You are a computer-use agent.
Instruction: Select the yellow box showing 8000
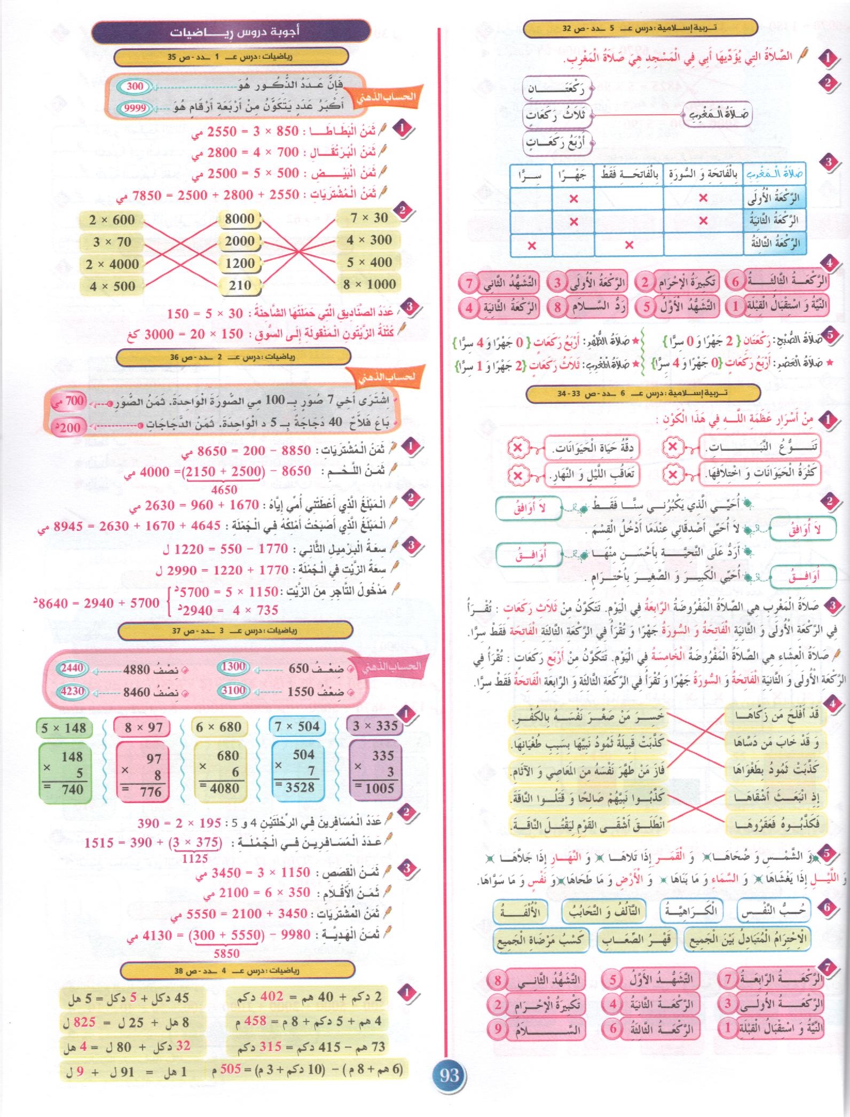coord(240,218)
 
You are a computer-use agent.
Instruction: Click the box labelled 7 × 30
coord(369,218)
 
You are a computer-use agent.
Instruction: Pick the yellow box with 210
coord(240,286)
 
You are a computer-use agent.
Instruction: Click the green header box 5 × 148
coord(64,728)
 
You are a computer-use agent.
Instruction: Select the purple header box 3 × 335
coord(375,726)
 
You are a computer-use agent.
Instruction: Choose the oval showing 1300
coord(233,666)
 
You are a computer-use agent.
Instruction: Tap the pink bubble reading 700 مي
coord(68,400)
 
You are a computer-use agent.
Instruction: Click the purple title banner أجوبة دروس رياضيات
coord(231,32)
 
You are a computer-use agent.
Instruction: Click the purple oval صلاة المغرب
coord(718,114)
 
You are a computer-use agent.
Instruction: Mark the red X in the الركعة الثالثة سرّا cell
coord(532,246)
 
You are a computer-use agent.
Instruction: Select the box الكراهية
coord(691,910)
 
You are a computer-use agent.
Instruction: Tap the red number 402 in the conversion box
coord(271,997)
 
